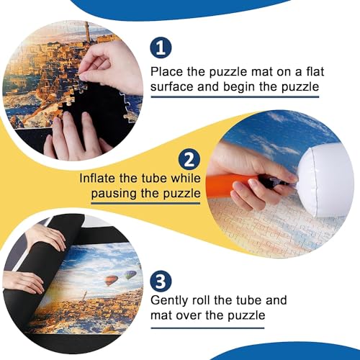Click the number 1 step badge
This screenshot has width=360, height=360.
point(162,48)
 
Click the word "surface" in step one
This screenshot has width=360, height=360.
point(174,89)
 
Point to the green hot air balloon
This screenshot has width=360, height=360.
point(130,274)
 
